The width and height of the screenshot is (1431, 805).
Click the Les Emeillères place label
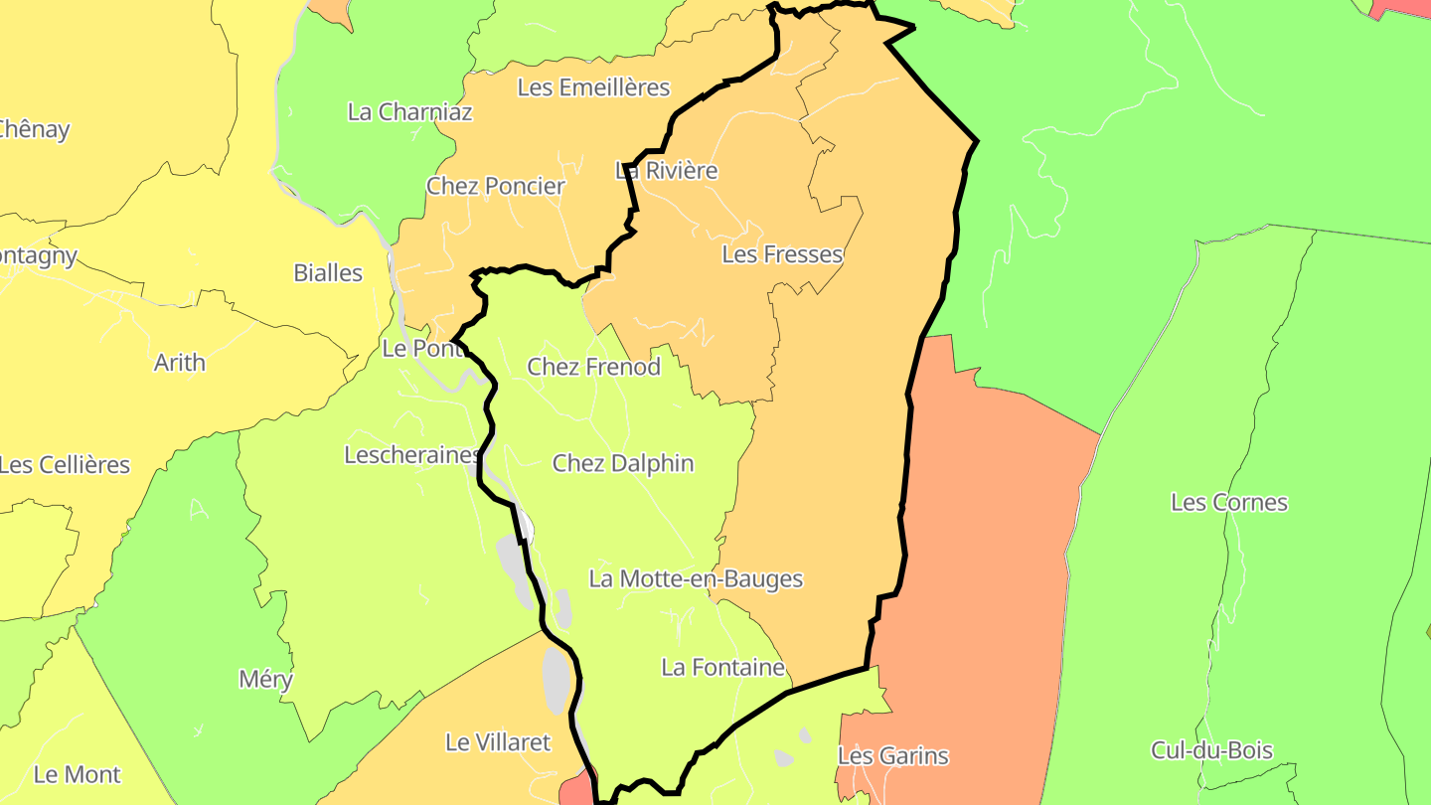[593, 87]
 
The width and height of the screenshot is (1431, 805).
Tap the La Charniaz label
[409, 111]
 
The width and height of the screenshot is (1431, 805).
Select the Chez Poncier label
[495, 186]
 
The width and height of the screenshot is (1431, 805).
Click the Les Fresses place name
[781, 254]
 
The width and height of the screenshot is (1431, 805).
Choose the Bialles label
[328, 272]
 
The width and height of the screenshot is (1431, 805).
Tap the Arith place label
[180, 363]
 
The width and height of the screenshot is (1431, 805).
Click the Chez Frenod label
[593, 367]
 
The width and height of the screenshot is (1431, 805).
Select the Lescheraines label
[411, 455]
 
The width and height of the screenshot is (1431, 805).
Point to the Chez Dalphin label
[623, 463]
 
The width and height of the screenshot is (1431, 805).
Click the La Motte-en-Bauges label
[696, 578]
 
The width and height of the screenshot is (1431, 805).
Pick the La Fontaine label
[722, 668]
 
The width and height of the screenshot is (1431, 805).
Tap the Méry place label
[265, 680]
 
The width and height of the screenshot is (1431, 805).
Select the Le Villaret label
[497, 742]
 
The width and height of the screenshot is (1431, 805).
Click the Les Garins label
[892, 756]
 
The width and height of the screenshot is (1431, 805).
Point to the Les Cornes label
[1228, 503]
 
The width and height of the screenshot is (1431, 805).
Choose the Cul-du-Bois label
[1211, 750]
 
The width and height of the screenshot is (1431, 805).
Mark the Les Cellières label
[65, 465]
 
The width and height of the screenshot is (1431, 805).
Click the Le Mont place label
[78, 775]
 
